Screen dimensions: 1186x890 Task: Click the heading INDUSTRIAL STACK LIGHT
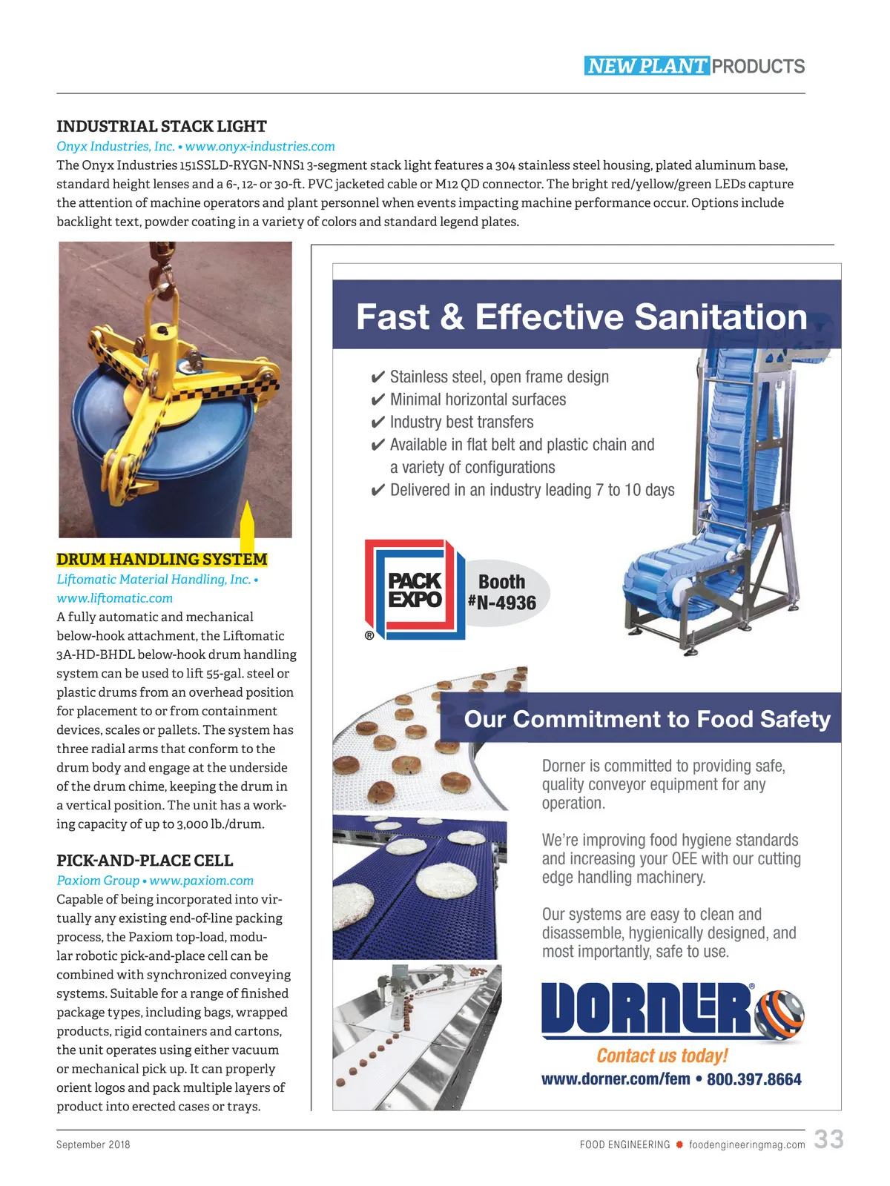pos(162,126)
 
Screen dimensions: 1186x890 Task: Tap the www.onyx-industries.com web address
pos(260,147)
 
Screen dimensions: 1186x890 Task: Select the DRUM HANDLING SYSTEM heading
pos(162,560)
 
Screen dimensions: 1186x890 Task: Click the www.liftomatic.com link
pos(114,598)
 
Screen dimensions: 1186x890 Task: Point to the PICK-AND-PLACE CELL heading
pos(145,861)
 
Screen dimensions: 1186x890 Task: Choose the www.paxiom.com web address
pos(201,881)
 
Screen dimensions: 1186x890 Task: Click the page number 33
pos(828,1139)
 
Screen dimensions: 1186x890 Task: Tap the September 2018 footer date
pos(93,1144)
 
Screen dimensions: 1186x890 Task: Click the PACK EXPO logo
pos(414,590)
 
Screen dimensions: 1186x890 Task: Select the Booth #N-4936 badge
pos(504,592)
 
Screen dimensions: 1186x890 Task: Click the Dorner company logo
pos(671,1010)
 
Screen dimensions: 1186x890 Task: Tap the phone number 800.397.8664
pos(754,1079)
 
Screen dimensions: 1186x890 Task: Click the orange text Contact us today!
pos(662,1056)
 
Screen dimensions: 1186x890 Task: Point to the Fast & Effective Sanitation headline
pos(581,317)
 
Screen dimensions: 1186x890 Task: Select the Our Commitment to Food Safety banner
pos(647,719)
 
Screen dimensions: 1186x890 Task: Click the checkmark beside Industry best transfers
pos(378,423)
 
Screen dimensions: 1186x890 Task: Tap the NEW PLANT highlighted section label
pos(647,66)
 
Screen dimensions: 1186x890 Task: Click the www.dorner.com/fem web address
pos(616,1079)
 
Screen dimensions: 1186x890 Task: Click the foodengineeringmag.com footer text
pos(746,1144)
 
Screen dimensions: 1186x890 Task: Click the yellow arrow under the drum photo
pos(248,528)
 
